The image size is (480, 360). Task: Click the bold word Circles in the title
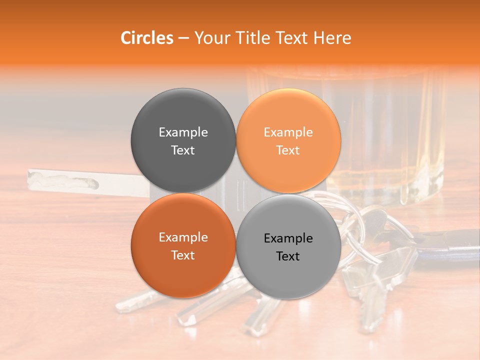coord(146,38)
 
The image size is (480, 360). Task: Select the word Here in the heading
coord(332,38)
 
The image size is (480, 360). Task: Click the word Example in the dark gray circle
coord(183,132)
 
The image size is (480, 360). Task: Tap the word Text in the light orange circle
coord(288,150)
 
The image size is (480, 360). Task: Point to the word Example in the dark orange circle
coord(183,237)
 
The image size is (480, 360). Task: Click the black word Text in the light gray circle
coord(288,256)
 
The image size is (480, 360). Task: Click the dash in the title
coord(183,38)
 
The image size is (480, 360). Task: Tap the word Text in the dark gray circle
coord(183,150)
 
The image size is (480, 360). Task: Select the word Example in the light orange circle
coord(288,132)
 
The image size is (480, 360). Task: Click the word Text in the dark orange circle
coord(183,255)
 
